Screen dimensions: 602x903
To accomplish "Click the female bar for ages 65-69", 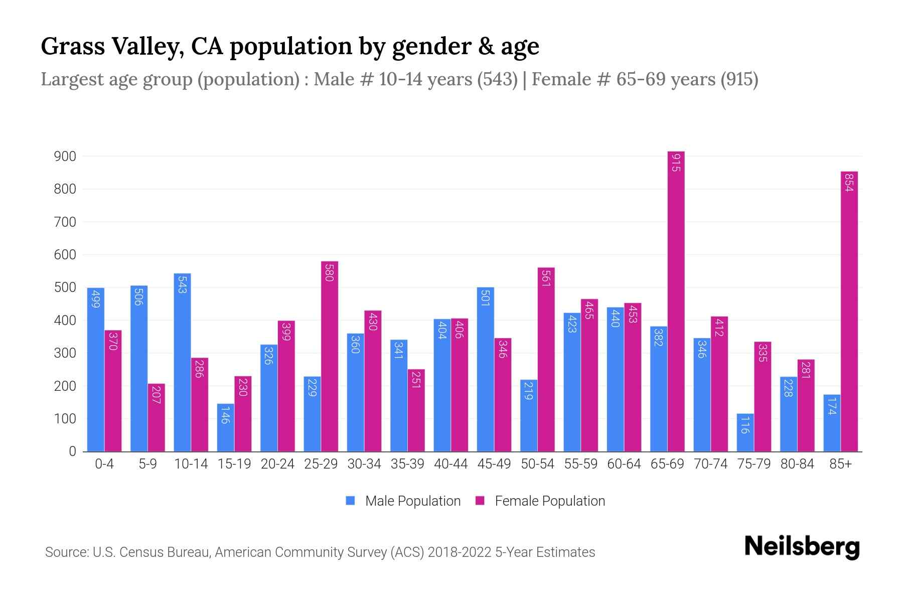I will pyautogui.click(x=676, y=301).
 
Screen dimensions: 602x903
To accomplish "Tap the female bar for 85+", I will pyautogui.click(x=849, y=311).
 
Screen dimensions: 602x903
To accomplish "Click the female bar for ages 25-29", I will pyautogui.click(x=329, y=356).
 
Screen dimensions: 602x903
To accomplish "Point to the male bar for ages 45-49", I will pyautogui.click(x=485, y=369).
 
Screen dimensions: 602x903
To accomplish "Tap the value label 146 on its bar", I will pyautogui.click(x=225, y=414).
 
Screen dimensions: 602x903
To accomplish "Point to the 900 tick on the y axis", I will pyautogui.click(x=65, y=157).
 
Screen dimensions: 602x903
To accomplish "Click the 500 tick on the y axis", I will pyautogui.click(x=65, y=287).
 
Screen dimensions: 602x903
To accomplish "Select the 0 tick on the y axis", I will pyautogui.click(x=72, y=452).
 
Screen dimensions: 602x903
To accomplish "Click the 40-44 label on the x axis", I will pyautogui.click(x=450, y=464).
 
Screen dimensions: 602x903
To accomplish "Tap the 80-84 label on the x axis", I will pyautogui.click(x=797, y=464).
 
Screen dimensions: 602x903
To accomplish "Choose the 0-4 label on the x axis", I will pyautogui.click(x=104, y=464).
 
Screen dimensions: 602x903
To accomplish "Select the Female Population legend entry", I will pyautogui.click(x=540, y=501).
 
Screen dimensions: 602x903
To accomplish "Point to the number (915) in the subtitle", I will pyautogui.click(x=739, y=79).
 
